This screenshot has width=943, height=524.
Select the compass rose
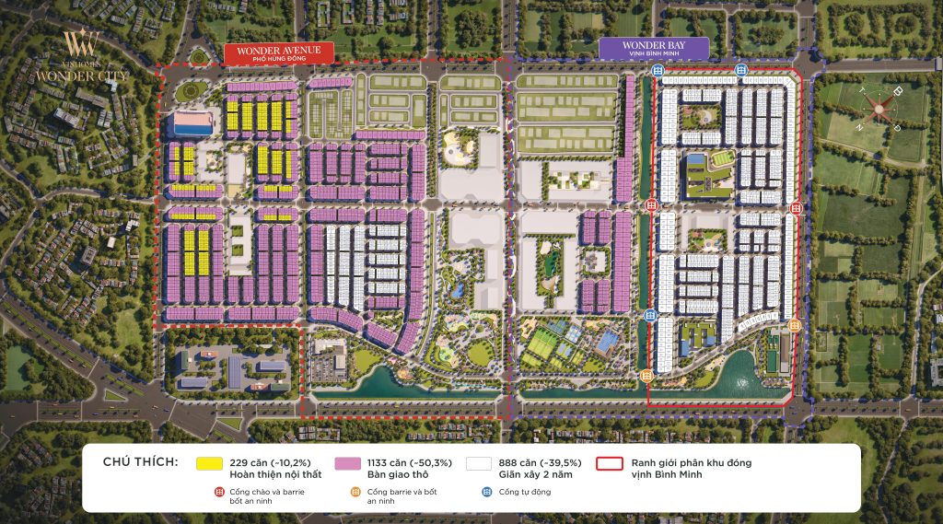[879, 108]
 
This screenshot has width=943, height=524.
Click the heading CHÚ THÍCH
[140, 461]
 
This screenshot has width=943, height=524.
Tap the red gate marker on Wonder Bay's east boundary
[797, 209]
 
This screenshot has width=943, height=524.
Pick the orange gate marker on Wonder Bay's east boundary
[794, 325]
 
